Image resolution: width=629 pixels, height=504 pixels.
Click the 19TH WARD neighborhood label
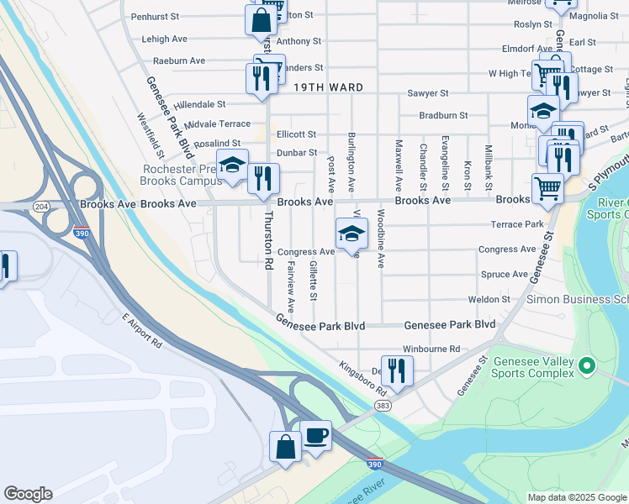[328, 87]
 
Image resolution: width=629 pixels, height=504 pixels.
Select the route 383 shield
[383, 406]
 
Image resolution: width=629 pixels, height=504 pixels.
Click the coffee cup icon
[315, 435]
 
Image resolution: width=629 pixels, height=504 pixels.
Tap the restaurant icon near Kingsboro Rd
[396, 370]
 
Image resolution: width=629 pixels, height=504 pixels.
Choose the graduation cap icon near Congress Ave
[352, 232]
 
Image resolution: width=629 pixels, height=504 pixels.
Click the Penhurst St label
[155, 16]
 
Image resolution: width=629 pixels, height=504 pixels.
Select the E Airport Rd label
[142, 329]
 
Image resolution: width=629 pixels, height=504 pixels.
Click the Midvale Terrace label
[218, 123]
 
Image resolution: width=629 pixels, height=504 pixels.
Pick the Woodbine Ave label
[381, 239]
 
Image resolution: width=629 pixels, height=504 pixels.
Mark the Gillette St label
[313, 281]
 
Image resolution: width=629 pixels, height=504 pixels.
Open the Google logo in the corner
[28, 494]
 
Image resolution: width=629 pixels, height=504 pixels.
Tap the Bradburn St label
[443, 114]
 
